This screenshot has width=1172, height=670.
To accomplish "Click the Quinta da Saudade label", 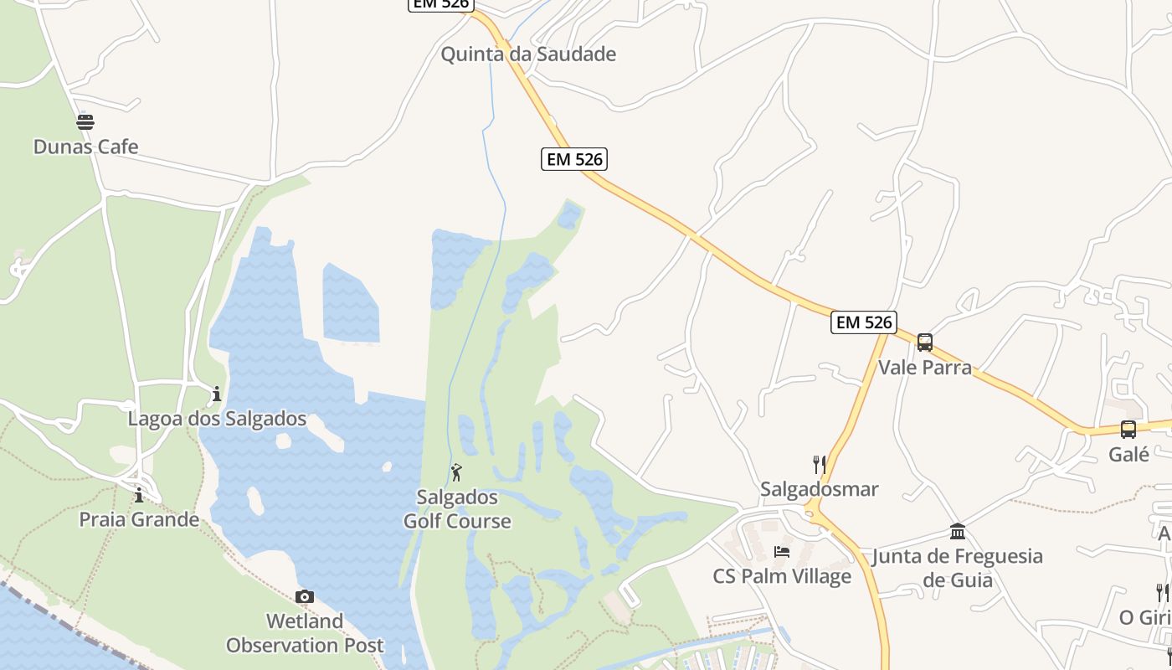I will pos(528,54).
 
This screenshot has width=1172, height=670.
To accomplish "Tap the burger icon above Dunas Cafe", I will pos(85,122).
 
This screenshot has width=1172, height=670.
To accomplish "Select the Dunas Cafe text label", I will pos(85,147).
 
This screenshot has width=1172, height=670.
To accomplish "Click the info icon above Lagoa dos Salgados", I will pos(217,394).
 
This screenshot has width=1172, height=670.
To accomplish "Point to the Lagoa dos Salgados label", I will pos(217,418).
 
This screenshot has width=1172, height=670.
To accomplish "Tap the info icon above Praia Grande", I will pos(139,495).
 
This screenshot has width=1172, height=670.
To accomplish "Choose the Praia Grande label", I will pos(139,519).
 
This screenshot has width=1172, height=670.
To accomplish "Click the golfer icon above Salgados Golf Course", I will pos(456,472).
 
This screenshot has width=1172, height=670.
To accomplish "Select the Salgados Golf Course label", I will pos(457,509).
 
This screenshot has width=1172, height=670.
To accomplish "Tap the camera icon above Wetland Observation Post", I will pos(305,596).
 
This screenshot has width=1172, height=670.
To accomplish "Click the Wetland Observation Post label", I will pos(305,633).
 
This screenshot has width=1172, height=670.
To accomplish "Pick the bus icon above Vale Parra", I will pos(925,343).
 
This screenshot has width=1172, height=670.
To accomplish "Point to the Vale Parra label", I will pos(925,367).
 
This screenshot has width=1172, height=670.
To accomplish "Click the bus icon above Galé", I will pos(1128,430).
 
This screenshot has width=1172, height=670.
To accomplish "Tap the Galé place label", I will pos(1128,454).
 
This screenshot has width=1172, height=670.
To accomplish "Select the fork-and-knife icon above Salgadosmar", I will pos(820,464).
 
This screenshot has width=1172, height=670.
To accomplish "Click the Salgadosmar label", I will pos(820,489).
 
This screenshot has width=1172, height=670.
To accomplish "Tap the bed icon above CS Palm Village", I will pos(782,552).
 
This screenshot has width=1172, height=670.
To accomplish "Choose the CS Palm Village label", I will pos(782,576).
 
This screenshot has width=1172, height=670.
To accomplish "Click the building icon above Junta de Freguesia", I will pos(958,531).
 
